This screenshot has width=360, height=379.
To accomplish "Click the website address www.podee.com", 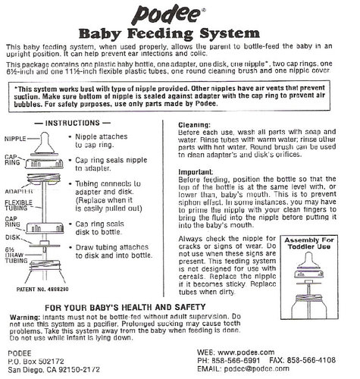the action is click(x=261, y=351).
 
